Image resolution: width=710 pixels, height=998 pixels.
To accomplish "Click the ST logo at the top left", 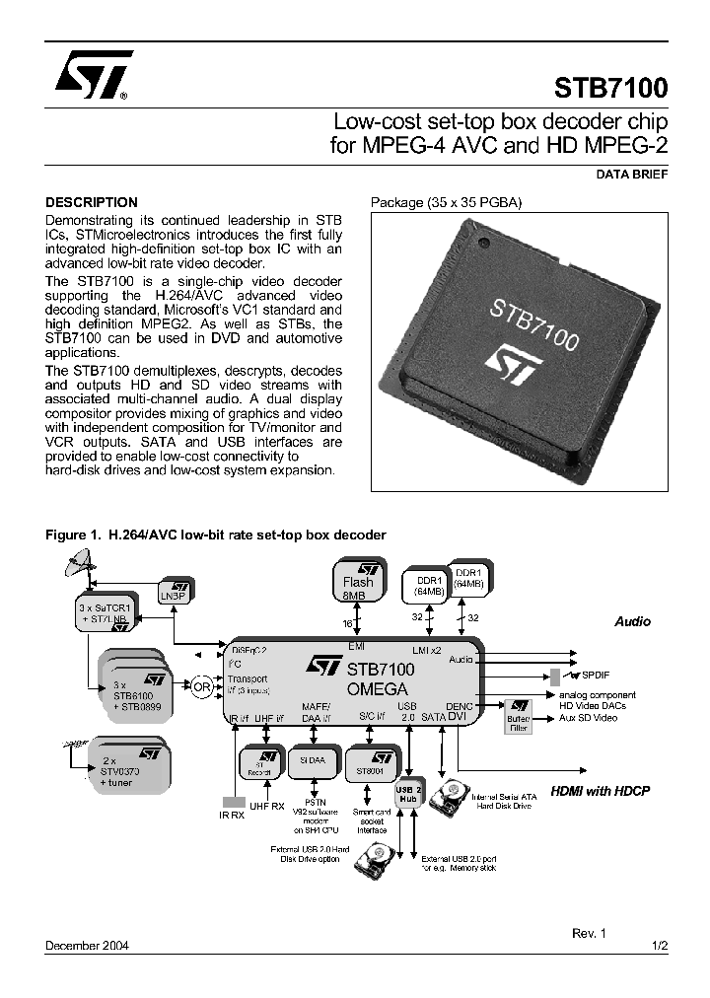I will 87,78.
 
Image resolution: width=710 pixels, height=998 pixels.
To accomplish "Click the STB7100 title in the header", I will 610,87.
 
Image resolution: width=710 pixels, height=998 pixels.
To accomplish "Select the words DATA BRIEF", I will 632,174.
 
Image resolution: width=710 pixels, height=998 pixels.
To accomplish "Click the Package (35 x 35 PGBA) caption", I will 446,203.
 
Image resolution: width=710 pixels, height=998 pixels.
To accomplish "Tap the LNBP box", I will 178,589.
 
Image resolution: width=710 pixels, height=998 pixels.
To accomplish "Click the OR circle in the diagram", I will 202,687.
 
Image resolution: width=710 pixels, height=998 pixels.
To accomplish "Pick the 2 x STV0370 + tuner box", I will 129,767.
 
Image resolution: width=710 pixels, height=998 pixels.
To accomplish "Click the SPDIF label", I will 597,676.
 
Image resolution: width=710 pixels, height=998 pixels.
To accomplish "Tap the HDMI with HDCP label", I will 600,791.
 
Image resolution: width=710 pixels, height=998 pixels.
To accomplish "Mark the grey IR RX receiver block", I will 233,802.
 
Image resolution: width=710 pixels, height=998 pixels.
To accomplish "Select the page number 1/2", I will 660,945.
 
